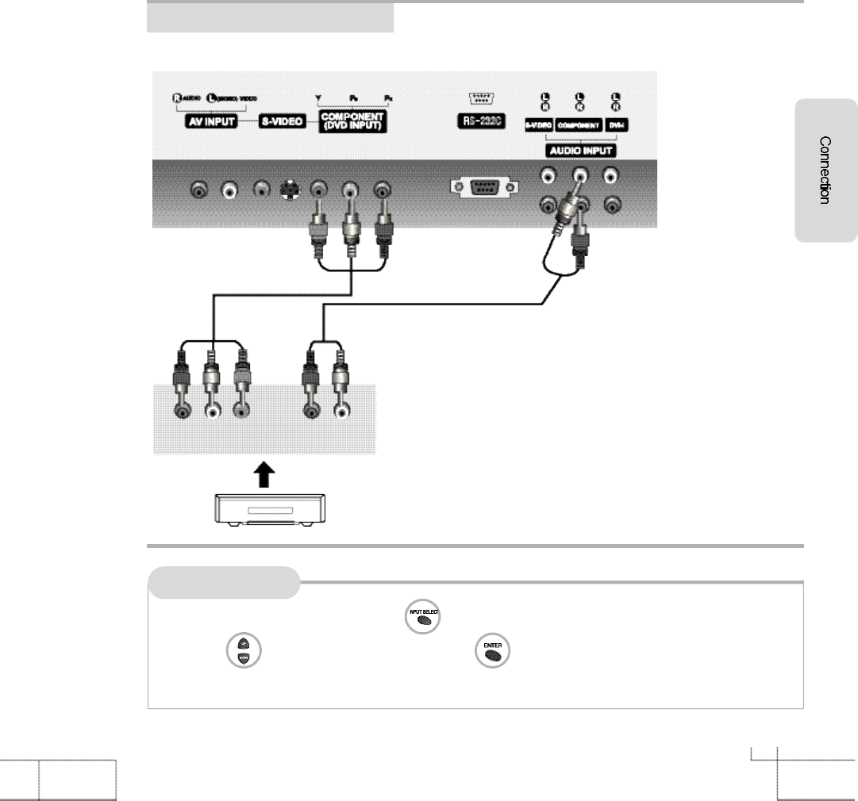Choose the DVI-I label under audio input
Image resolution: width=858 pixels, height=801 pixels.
(x=615, y=125)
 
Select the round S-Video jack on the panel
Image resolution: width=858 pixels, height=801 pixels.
(x=290, y=190)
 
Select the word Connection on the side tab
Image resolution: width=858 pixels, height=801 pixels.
(x=825, y=171)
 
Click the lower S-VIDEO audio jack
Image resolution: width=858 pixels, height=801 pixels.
(x=547, y=206)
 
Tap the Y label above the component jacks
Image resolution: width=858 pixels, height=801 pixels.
(x=317, y=98)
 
